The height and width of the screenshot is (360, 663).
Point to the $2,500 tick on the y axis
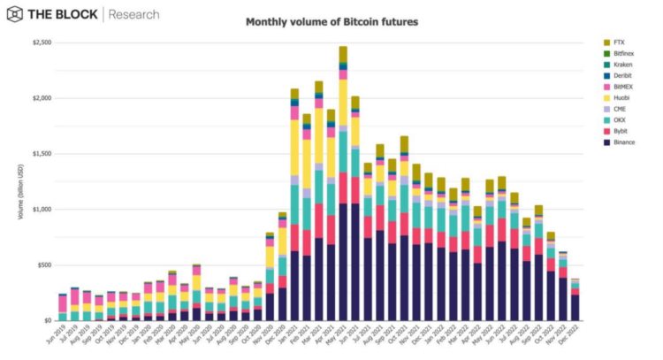click(x=42, y=42)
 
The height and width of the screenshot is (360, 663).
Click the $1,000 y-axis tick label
click(x=42, y=210)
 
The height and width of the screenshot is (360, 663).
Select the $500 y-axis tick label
click(x=44, y=265)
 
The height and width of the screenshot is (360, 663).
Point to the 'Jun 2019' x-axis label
click(x=57, y=335)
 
